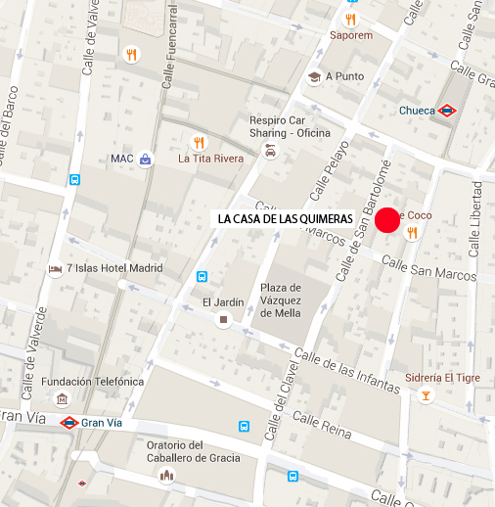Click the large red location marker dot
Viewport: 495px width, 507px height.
[x=387, y=221]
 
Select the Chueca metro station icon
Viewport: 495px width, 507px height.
[x=447, y=111]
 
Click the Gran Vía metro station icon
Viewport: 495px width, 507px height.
[x=69, y=423]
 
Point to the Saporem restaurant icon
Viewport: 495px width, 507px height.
[x=351, y=19]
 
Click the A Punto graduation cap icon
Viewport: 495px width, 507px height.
[x=314, y=76]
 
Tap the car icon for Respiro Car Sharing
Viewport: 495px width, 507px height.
[x=270, y=152]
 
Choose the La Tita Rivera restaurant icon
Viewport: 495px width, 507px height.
[x=200, y=141]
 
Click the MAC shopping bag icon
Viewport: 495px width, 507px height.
[x=146, y=159]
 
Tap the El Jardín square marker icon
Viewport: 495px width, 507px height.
[x=224, y=320]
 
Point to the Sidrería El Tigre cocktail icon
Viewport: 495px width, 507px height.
[x=425, y=395]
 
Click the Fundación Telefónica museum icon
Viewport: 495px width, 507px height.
[x=62, y=398]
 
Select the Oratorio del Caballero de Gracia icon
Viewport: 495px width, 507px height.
[x=166, y=475]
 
